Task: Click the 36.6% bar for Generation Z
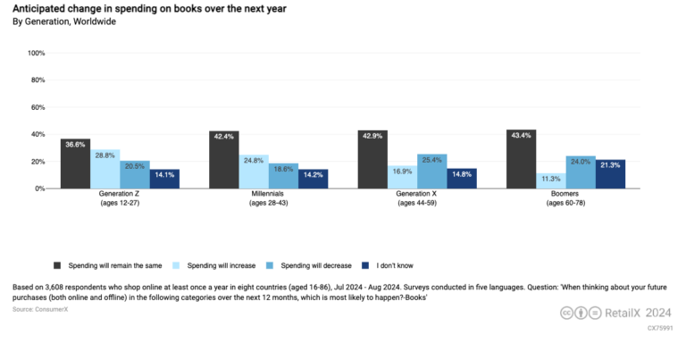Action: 75,164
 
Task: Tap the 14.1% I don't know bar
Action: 164,180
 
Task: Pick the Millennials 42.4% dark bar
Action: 223,161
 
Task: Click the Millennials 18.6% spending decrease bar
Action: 283,176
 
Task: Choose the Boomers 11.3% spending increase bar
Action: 550,181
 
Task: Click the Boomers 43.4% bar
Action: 521,160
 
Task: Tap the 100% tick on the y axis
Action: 37,54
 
